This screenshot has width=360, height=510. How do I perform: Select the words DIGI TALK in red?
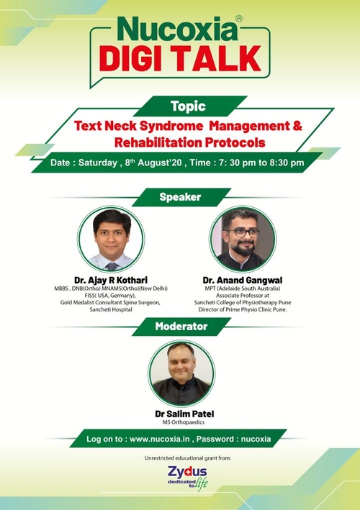point(180,57)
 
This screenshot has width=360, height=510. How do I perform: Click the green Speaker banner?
point(180,196)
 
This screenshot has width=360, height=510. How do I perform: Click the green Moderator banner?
point(180,327)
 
